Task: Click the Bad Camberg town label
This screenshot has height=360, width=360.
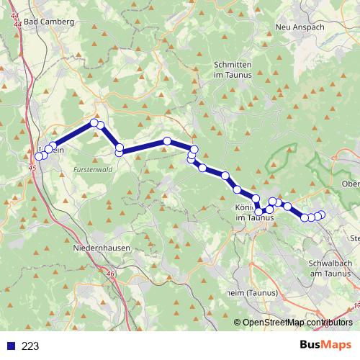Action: (x=49, y=22)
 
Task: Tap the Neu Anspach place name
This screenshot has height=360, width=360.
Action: (x=301, y=27)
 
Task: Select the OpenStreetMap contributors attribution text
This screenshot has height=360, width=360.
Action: (x=298, y=322)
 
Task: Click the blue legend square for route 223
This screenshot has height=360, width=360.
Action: (x=10, y=346)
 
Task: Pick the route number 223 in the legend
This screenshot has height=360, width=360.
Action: (x=30, y=346)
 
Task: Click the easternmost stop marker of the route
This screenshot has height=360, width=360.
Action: (x=321, y=215)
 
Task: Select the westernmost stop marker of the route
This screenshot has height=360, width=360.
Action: (x=40, y=156)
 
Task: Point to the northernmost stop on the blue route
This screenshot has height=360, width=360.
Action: (x=94, y=123)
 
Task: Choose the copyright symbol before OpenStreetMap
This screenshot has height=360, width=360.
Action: (x=238, y=322)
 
